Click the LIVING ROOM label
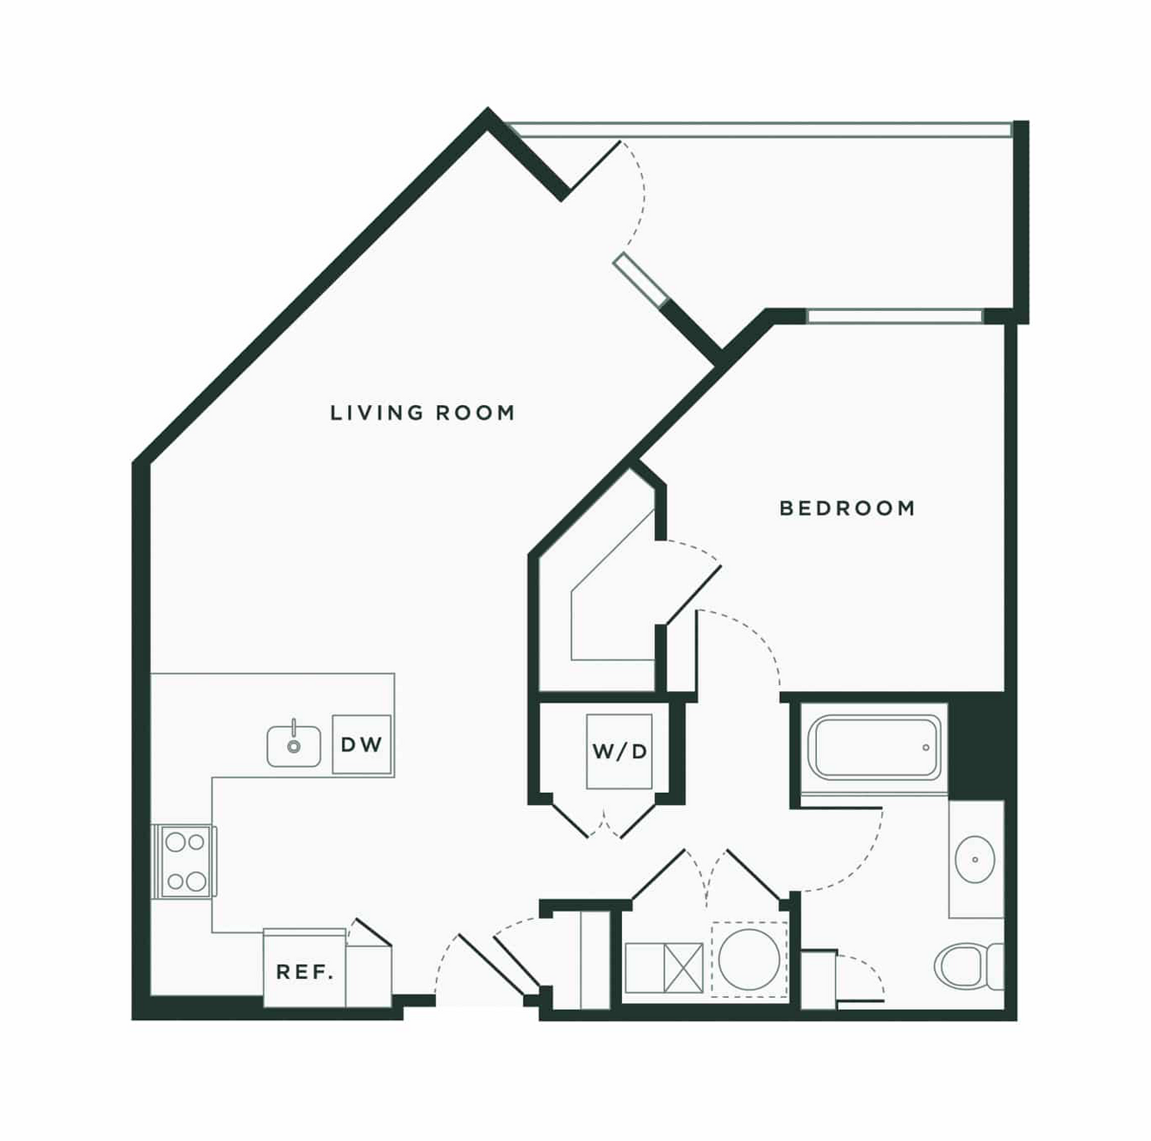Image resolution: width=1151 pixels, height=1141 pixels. tap(422, 413)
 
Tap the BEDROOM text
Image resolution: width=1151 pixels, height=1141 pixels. tap(848, 508)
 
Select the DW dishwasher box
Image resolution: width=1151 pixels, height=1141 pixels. tap(361, 744)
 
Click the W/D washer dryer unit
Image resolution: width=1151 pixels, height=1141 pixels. tap(619, 751)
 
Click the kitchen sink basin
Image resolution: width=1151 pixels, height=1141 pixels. tap(293, 746)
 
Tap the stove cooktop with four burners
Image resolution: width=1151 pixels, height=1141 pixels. tap(186, 861)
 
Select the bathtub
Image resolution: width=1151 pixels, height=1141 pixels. tap(874, 748)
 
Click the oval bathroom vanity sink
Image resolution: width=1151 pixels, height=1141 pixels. tap(974, 859)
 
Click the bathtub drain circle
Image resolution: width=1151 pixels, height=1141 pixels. tap(926, 748)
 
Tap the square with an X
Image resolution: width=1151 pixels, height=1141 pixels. tap(683, 968)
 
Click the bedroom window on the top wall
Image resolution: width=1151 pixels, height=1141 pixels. tap(894, 316)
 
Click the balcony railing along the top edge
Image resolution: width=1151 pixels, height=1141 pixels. tap(758, 130)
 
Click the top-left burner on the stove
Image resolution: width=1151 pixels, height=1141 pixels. tap(175, 843)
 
